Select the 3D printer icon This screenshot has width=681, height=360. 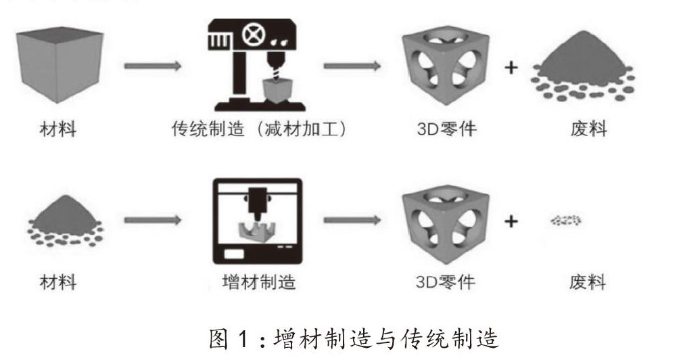[256, 221]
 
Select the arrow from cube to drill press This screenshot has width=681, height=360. [152, 66]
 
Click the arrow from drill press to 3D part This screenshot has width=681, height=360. [351, 66]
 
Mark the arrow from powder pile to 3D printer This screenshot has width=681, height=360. [152, 221]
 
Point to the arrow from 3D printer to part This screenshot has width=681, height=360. [351, 221]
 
